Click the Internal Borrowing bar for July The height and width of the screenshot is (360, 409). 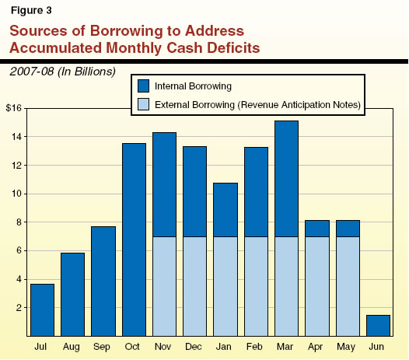point(42,309)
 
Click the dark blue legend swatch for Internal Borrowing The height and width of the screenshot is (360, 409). point(145,86)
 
